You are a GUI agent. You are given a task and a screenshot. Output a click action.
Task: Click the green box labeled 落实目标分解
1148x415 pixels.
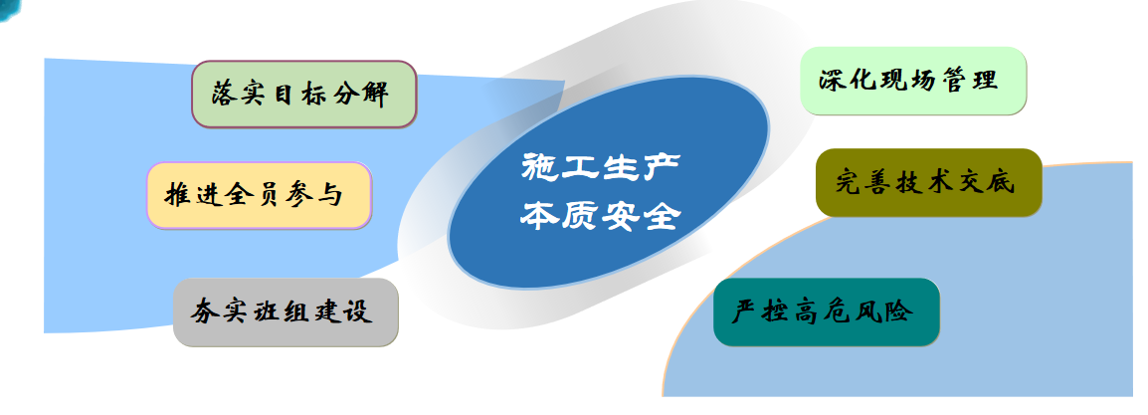[303, 95]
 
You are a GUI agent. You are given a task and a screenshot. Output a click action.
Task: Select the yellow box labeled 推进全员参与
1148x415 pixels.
[260, 195]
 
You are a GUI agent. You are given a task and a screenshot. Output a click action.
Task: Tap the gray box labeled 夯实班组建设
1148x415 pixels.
[286, 311]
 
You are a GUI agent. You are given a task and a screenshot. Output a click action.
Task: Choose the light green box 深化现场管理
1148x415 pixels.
[913, 81]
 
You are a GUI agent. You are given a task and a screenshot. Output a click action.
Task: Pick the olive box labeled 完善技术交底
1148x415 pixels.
[928, 183]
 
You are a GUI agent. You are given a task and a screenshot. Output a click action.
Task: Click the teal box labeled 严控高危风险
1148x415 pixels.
[826, 311]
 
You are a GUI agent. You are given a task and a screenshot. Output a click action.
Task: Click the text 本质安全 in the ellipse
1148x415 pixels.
[600, 215]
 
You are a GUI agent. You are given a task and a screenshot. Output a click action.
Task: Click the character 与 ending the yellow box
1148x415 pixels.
[329, 195]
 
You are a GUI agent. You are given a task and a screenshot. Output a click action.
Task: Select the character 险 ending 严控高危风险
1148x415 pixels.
[899, 311]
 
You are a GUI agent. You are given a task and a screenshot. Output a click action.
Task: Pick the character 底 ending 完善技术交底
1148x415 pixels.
[1000, 182]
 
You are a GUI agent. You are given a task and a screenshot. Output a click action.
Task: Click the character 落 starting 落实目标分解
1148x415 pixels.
[226, 95]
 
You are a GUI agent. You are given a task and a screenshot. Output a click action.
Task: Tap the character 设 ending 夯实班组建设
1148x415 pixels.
[359, 311]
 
